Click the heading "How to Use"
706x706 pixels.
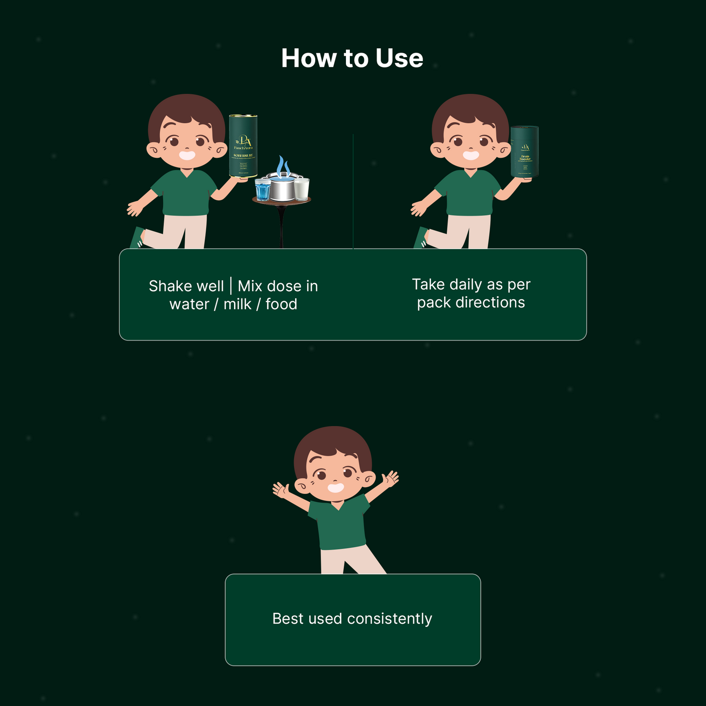pyautogui.click(x=352, y=58)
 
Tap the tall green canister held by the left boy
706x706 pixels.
pyautogui.click(x=243, y=146)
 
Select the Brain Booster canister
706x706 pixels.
pyautogui.click(x=524, y=151)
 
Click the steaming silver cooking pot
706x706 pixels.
pyautogui.click(x=283, y=189)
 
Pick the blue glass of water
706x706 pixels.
pyautogui.click(x=262, y=190)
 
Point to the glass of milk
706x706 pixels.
pyautogui.click(x=301, y=189)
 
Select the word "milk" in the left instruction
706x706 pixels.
pyautogui.click(x=237, y=304)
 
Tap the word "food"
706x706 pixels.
pyautogui.click(x=281, y=304)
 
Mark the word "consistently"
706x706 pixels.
pyautogui.click(x=389, y=619)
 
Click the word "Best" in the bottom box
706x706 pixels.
pyautogui.click(x=288, y=619)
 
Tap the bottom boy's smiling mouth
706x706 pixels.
pyautogui.click(x=336, y=488)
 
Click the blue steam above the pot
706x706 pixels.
pyautogui.click(x=282, y=166)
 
